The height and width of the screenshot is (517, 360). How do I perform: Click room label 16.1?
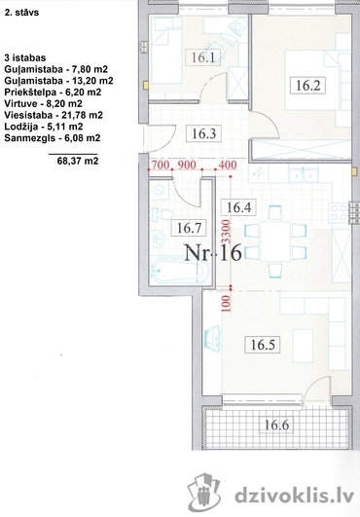click(x=203, y=57)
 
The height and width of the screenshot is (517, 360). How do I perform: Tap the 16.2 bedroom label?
click(x=308, y=86)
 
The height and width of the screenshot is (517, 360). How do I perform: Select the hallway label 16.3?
click(x=204, y=133)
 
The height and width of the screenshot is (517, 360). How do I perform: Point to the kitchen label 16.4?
click(x=238, y=207)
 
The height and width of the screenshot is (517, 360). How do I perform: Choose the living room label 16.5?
click(x=263, y=345)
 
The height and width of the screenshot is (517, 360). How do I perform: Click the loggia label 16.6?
click(x=276, y=425)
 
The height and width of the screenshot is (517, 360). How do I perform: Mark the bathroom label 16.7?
click(x=189, y=228)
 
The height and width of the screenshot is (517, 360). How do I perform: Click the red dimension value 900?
click(x=187, y=165)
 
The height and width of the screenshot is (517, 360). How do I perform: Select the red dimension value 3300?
click(x=227, y=231)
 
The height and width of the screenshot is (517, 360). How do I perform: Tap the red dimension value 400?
click(x=228, y=165)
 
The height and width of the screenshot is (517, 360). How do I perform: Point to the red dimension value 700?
click(x=161, y=165)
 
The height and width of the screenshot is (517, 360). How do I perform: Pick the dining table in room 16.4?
click(x=275, y=241)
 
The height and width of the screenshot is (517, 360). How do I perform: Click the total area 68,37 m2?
click(x=78, y=161)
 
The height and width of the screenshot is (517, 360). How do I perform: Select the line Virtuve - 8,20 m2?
click(x=43, y=103)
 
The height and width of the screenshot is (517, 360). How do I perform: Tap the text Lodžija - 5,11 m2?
click(x=44, y=127)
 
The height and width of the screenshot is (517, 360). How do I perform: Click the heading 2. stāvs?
click(x=21, y=13)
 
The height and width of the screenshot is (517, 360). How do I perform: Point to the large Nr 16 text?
click(x=213, y=252)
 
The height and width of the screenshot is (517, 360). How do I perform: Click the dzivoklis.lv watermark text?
click(x=295, y=496)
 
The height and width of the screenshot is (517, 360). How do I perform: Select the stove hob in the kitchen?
click(x=339, y=212)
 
